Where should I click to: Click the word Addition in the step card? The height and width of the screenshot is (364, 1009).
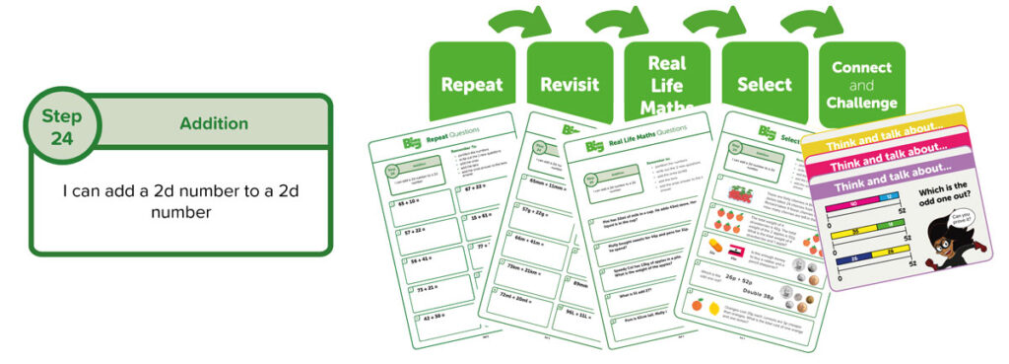pyautogui.click(x=214, y=124)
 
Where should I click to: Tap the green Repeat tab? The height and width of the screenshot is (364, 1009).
pyautogui.click(x=472, y=85)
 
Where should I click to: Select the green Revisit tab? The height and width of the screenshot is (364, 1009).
pyautogui.click(x=570, y=85)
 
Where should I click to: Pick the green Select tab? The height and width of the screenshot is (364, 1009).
pyautogui.click(x=764, y=85)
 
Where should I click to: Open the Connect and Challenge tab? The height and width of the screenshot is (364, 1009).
pyautogui.click(x=861, y=85)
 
